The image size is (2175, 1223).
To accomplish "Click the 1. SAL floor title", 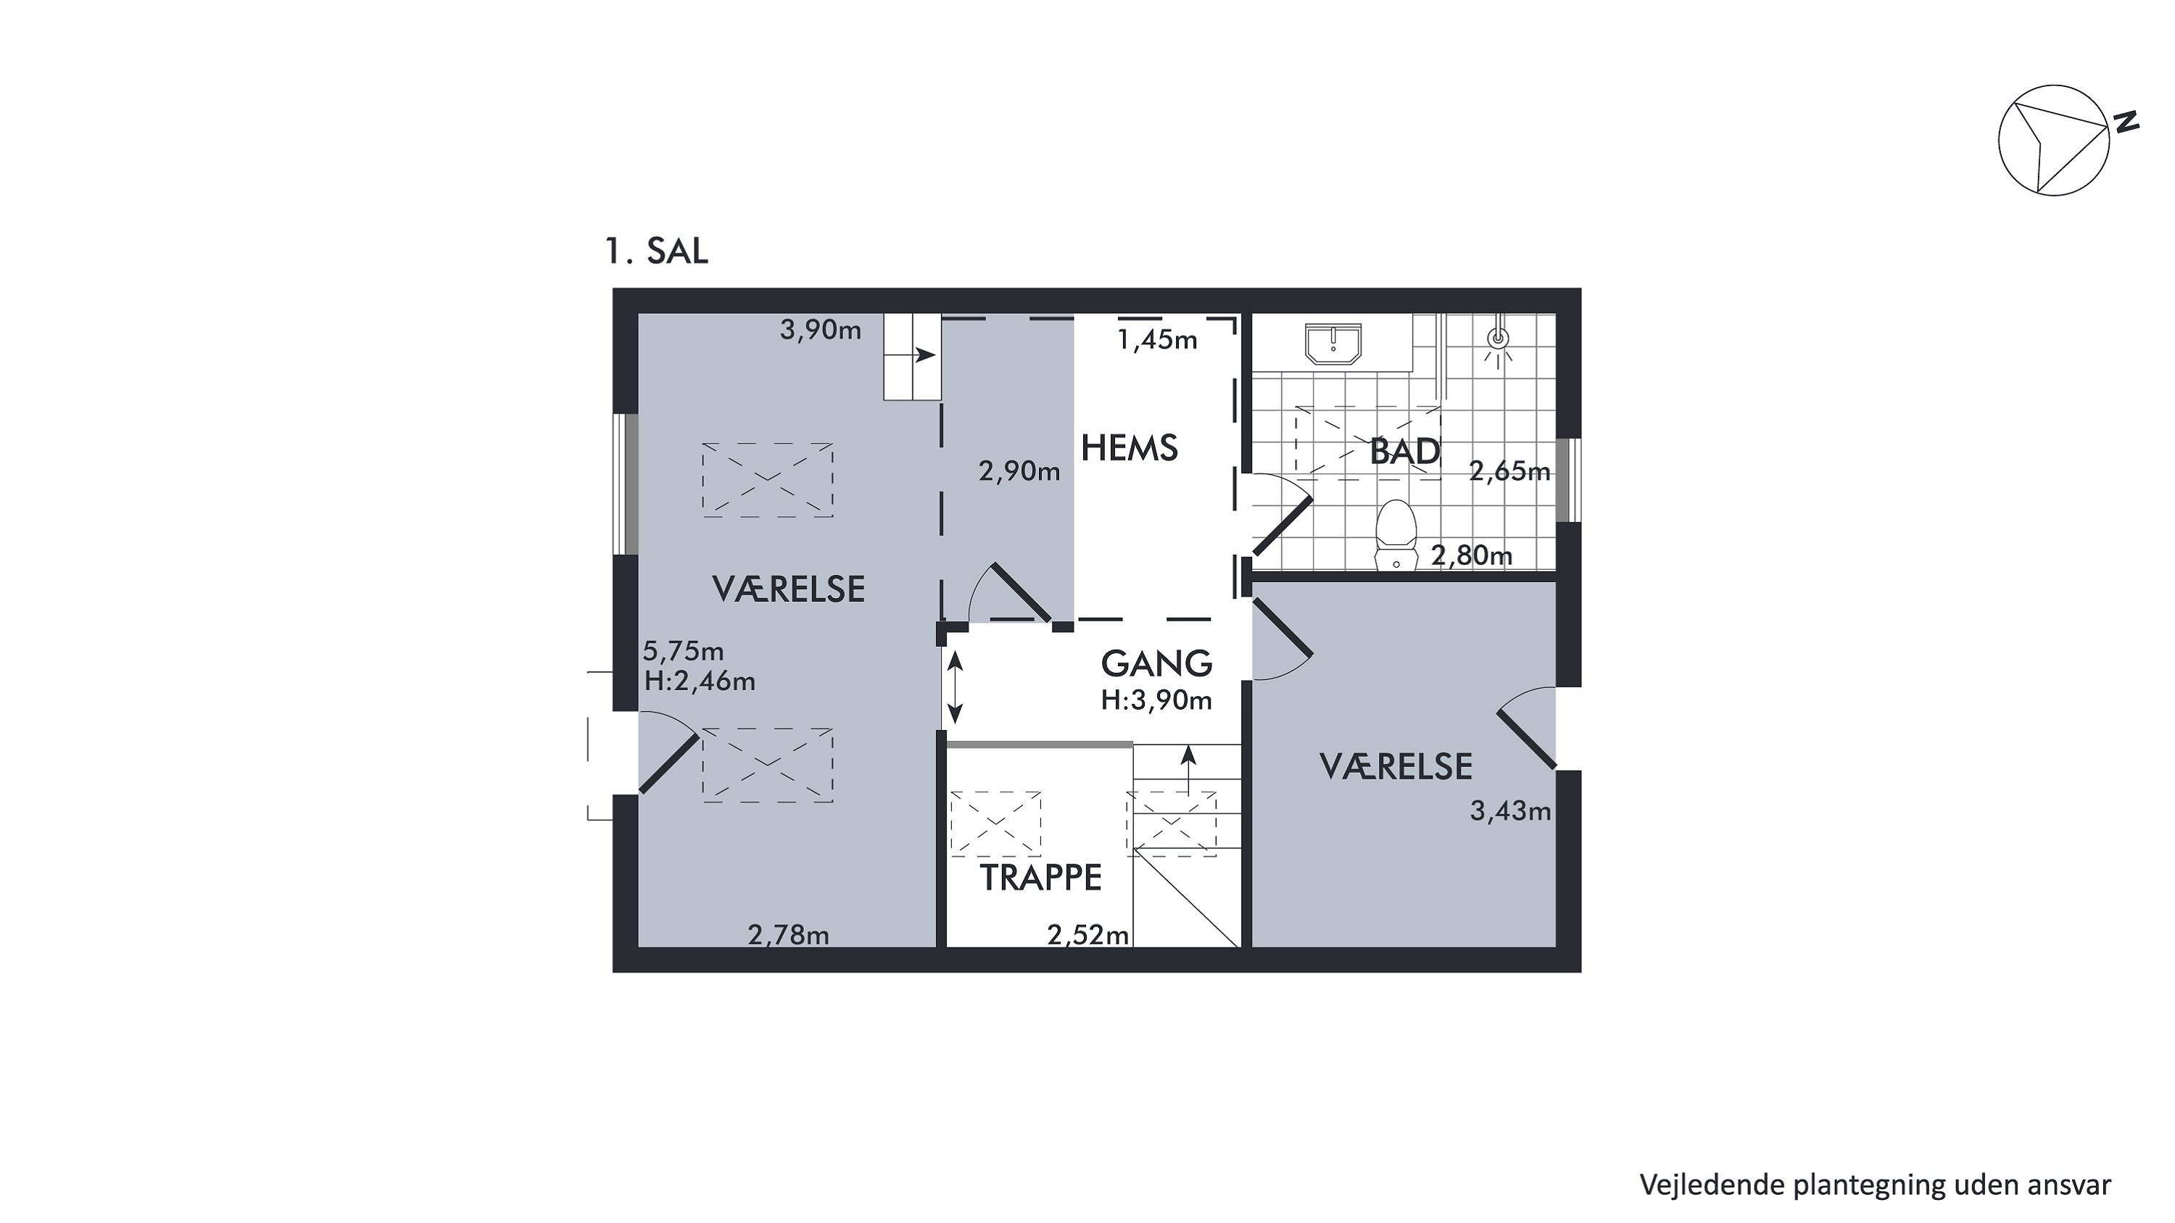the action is point(657,252).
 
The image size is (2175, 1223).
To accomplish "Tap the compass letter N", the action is point(2125,122).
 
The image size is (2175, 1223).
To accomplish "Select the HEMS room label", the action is point(1130,448).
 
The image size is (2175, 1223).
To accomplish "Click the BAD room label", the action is point(1405,452).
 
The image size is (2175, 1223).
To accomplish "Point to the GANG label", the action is point(1156,664).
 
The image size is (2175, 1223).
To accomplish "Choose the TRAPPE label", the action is point(1040,879).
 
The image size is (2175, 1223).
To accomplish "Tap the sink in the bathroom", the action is point(1333,344).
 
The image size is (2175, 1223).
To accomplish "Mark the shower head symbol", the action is point(1498,339).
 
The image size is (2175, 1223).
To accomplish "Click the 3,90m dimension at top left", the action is point(821,331).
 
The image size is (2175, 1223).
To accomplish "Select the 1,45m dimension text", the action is point(1158,340).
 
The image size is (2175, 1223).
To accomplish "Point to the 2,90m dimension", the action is point(1019,472).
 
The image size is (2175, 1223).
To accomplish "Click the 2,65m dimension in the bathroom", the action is point(1509,471).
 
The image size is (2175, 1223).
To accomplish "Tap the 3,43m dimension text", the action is point(1510,811).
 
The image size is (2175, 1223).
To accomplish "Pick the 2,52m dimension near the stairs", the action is point(1088,935).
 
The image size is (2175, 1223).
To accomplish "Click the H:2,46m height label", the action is point(700,681).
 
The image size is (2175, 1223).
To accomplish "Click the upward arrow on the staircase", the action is point(1189,771).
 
